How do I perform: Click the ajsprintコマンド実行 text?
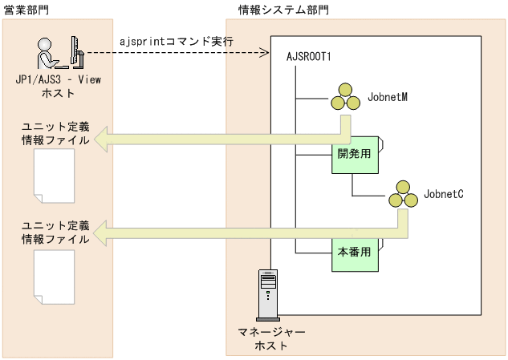[175, 41]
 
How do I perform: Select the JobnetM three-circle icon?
[346, 99]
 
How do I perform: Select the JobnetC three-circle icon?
[402, 194]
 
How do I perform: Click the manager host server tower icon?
[267, 295]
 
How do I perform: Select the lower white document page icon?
[55, 277]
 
